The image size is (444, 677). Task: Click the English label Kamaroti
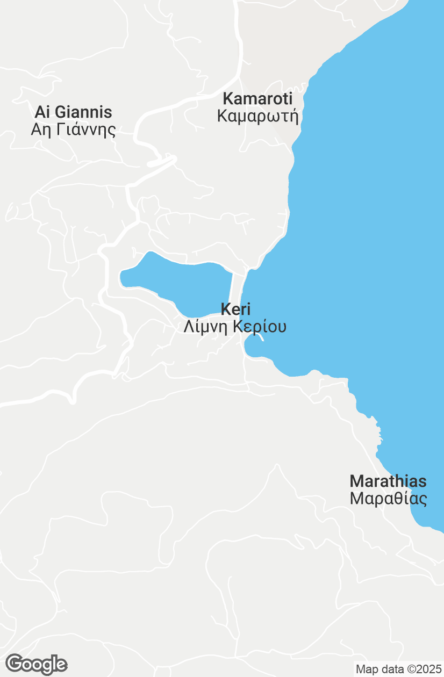pos(257,99)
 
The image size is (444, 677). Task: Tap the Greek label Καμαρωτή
pos(257,116)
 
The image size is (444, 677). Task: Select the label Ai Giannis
pos(73,112)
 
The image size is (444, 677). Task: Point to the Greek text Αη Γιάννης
pos(73,129)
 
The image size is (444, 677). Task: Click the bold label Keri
pos(235,309)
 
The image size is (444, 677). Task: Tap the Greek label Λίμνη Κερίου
pos(235,327)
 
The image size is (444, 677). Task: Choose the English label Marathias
pos(388,481)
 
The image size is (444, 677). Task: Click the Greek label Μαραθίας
pos(388,499)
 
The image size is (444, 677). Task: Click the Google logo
pos(36,665)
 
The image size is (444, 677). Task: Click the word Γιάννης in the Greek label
pos(84,129)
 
